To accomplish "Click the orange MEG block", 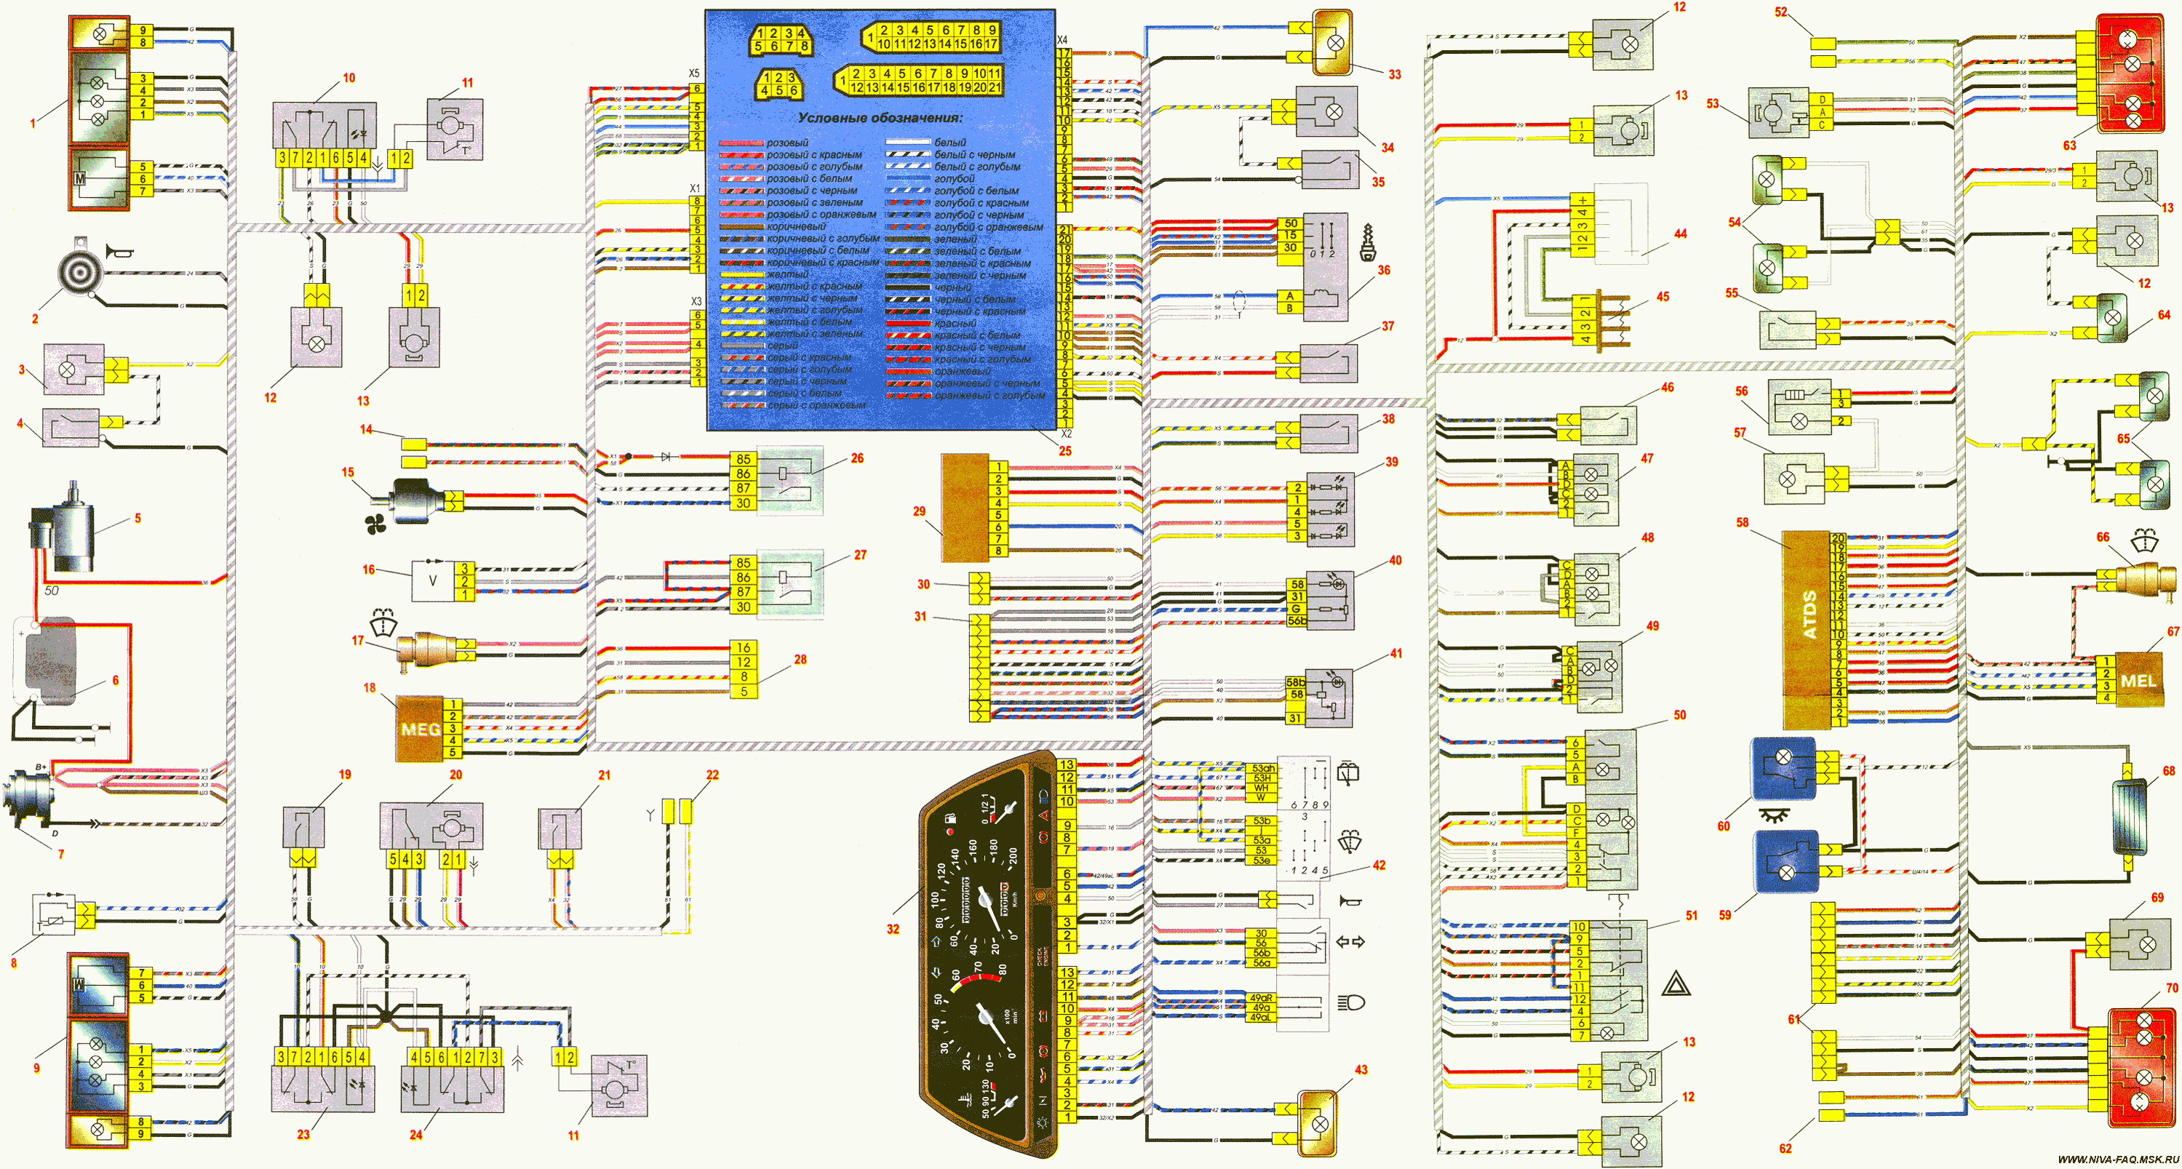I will point(419,728).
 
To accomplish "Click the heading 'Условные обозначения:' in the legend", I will point(879,118).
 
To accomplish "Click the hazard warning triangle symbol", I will point(1676,984).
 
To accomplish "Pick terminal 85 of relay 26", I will point(743,459).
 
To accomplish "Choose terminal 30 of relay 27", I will point(743,607).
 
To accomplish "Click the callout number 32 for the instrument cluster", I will point(893,929).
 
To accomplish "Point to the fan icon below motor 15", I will point(376,525).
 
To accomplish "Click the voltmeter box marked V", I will point(433,581).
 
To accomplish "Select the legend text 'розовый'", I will point(787,143).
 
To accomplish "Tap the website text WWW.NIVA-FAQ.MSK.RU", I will point(2118,1159).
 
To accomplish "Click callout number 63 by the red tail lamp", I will point(2069,145).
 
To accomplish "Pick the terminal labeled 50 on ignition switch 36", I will point(1290,223).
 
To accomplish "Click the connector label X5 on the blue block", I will point(693,73).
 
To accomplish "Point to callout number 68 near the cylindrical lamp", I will point(2168,771).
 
